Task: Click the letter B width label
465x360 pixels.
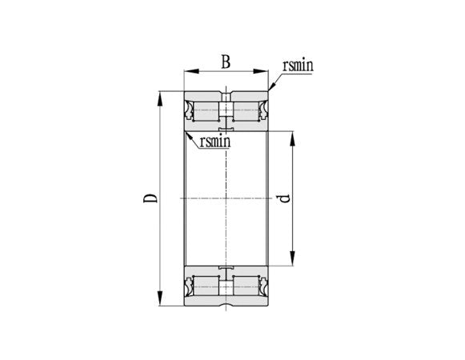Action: pos(226,62)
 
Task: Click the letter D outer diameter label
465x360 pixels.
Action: pos(150,198)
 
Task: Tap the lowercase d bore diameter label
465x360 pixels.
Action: pos(285,198)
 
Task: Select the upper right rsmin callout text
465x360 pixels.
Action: pos(298,66)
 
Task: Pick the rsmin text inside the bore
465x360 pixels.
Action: pos(215,142)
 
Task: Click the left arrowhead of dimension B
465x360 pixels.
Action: pos(191,71)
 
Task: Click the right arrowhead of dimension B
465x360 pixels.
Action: pos(261,71)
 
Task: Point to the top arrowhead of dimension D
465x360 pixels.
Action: pos(160,98)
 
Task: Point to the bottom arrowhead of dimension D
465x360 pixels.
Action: pos(160,298)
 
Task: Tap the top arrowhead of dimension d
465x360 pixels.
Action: pos(293,138)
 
